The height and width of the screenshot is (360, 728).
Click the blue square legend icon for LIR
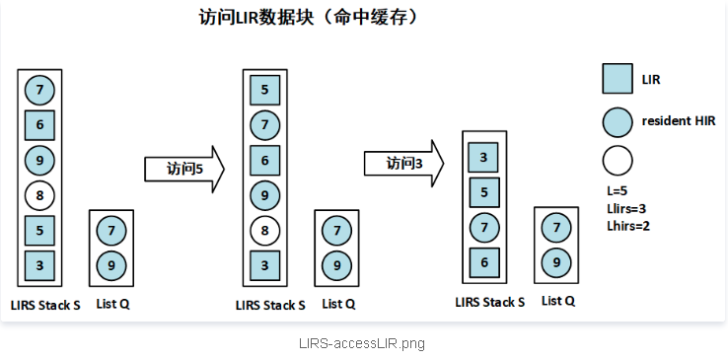coord(617,79)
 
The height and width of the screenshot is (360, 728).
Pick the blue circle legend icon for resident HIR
coord(617,121)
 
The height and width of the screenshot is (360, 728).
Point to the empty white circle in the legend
coord(617,159)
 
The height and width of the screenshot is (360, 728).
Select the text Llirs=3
coord(627,208)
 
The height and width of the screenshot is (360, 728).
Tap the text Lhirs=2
coord(628,226)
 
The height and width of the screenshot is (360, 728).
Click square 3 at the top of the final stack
coord(482,157)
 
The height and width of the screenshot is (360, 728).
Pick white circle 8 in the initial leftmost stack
coord(39,194)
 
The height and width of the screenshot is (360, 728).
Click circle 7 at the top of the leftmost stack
coord(39,91)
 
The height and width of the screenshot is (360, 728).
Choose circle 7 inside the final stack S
coord(482,227)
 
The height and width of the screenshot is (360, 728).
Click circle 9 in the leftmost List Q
coord(111,264)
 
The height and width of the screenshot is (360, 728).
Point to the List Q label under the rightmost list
coord(558,301)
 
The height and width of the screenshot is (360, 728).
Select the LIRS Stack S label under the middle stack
coord(270,305)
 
